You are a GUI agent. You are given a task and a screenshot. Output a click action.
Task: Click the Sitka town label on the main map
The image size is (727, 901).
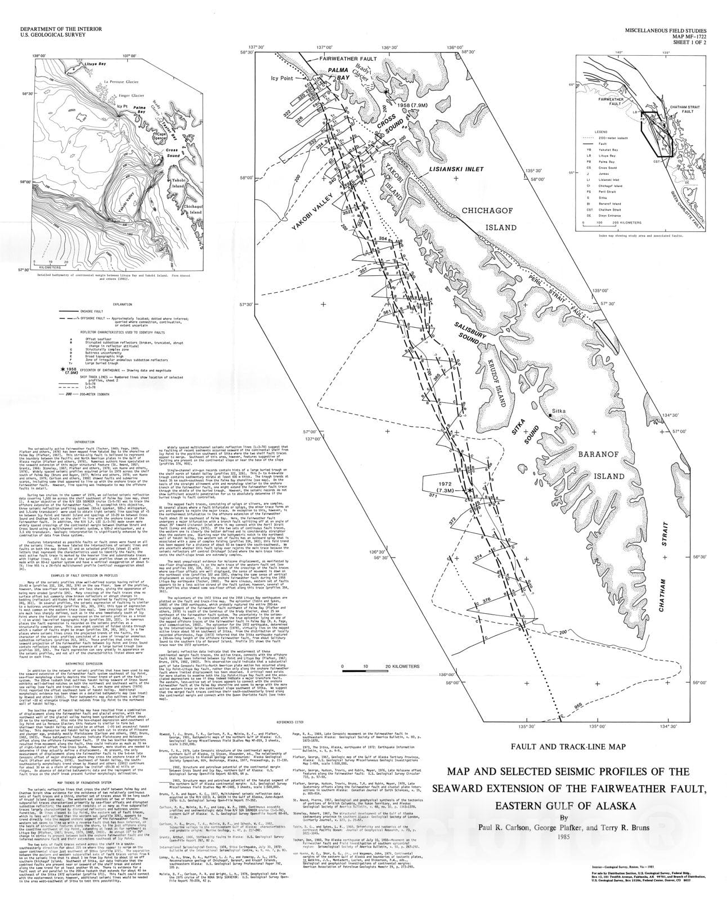point(559,412)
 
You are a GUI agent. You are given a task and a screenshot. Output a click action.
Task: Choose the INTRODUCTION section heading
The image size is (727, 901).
point(85,442)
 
